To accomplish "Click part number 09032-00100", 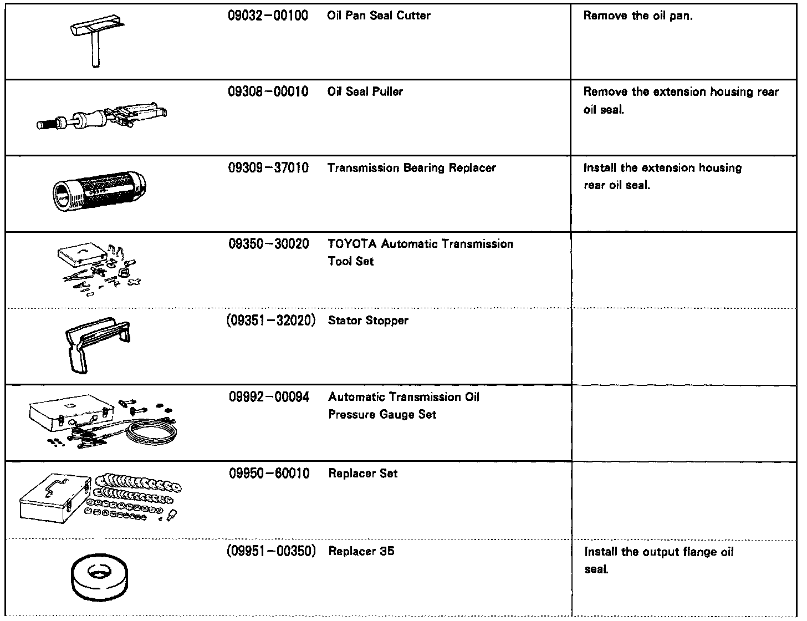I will (x=268, y=16).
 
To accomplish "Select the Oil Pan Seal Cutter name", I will (x=379, y=16).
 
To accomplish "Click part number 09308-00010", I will (x=268, y=91).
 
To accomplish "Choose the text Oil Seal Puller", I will (x=365, y=91).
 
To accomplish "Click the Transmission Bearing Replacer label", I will (x=411, y=167).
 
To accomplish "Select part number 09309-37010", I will (x=268, y=167).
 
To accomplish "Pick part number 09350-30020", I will (x=268, y=244).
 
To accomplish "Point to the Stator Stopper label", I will (x=368, y=320).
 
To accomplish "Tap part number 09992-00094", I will (x=269, y=397).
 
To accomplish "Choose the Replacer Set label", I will (x=362, y=474).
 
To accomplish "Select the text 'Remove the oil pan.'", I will (x=638, y=16).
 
